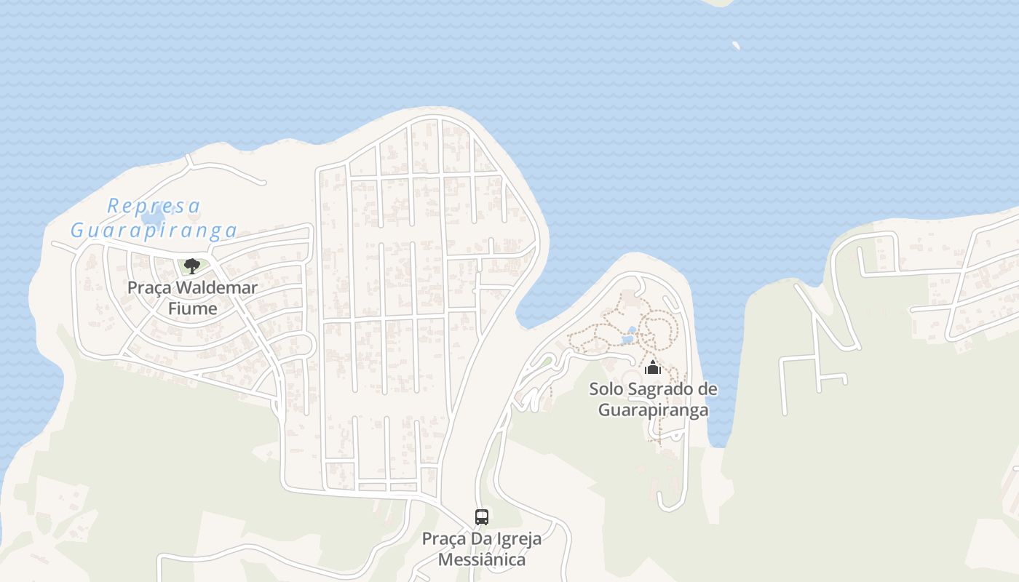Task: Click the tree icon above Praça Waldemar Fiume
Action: [x=191, y=266]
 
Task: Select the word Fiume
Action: [x=192, y=308]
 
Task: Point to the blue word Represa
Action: [x=154, y=206]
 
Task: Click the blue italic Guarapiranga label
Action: [x=154, y=231]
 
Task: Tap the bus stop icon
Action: [x=481, y=517]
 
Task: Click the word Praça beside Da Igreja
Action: [x=444, y=539]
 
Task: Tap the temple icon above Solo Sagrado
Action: [x=652, y=367]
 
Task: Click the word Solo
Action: [x=606, y=389]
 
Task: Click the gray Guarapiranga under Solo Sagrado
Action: [x=653, y=410]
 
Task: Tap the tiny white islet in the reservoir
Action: [x=736, y=45]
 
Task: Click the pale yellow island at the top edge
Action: [x=721, y=2]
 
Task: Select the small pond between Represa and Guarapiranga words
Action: [x=154, y=218]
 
